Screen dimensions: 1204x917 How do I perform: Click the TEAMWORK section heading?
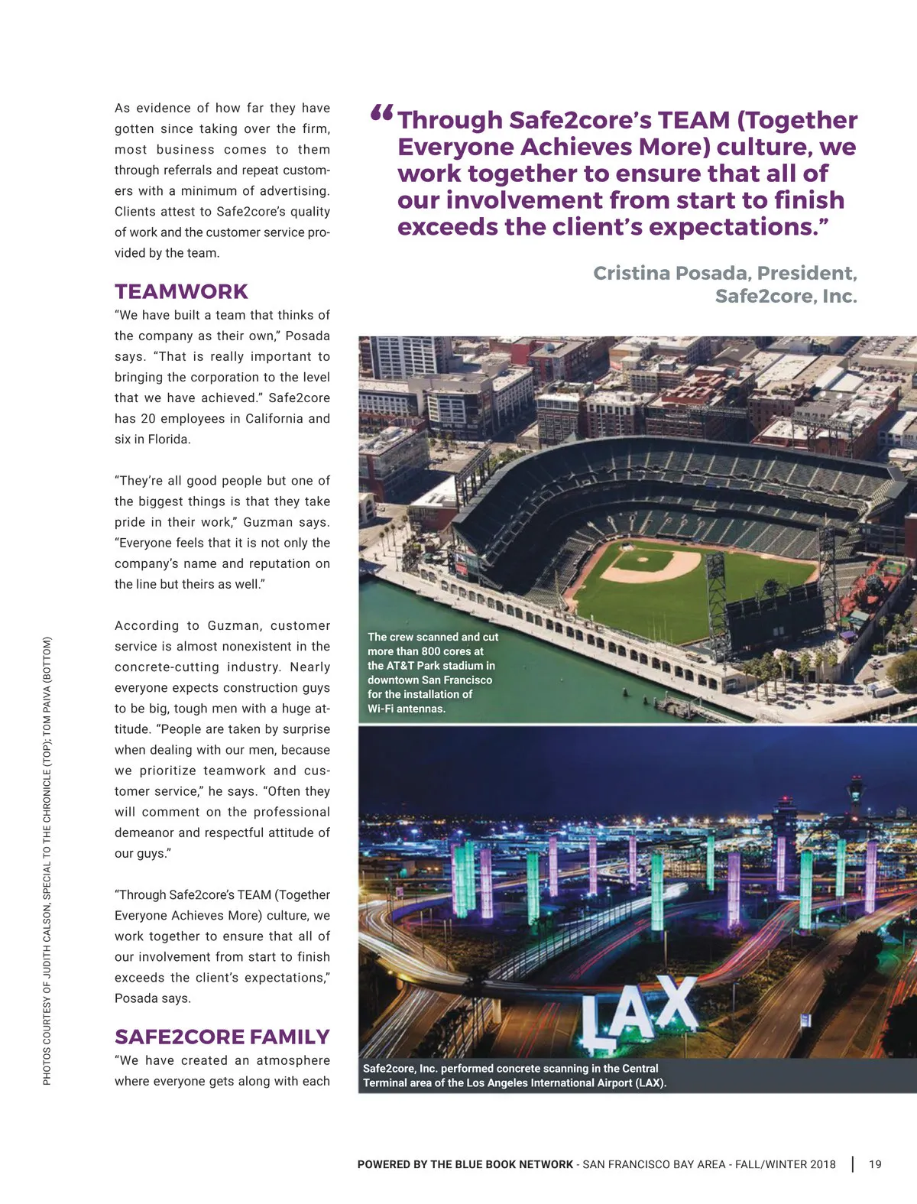click(x=181, y=292)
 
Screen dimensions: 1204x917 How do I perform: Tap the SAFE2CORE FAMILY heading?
click(x=222, y=1037)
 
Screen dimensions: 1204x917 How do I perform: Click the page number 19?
click(x=875, y=1164)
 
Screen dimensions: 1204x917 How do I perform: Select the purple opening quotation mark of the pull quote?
click(x=381, y=115)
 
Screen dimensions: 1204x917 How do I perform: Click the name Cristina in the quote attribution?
click(x=629, y=274)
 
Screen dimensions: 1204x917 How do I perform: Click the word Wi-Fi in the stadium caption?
click(x=384, y=709)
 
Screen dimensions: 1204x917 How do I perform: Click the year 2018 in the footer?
click(x=822, y=1164)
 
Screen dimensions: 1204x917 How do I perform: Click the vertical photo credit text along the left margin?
click(x=47, y=860)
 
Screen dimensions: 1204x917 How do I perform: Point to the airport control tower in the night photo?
click(x=855, y=795)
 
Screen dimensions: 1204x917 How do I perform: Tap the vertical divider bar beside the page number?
click(x=853, y=1164)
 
